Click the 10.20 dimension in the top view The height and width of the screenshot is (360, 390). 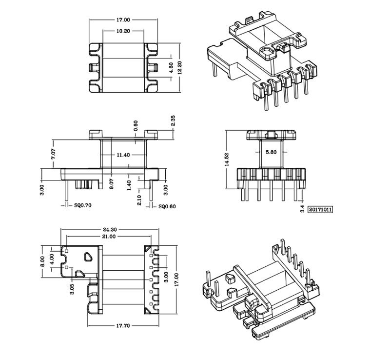123,31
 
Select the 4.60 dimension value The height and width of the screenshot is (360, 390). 171,67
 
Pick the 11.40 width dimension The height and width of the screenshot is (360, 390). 123,155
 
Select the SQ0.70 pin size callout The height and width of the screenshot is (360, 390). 83,206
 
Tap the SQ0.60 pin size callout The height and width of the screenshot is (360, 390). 167,206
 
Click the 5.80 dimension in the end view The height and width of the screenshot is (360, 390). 271,152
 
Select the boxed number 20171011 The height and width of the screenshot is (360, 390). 321,210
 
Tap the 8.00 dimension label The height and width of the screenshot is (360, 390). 42,261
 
